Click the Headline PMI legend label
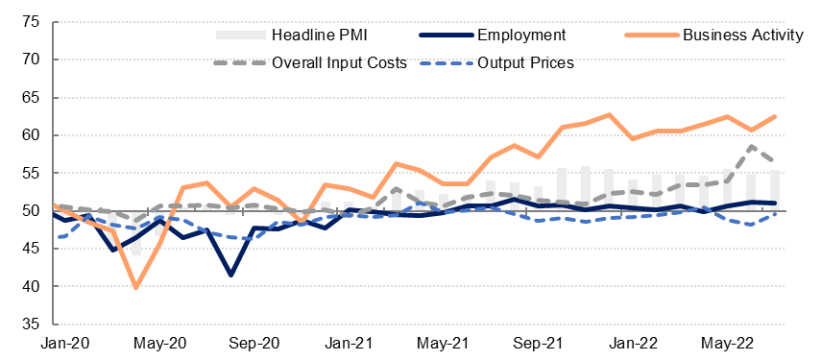321,36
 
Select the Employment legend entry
521,36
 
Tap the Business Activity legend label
742,36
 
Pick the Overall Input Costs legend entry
339,62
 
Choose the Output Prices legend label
525,62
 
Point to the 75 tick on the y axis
32,22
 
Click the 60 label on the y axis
32,135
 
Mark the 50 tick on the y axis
32,211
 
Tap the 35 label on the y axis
32,324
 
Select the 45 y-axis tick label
32,249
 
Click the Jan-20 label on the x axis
65,344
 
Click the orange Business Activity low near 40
136,287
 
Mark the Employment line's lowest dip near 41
230,275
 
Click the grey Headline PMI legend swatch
240,36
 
